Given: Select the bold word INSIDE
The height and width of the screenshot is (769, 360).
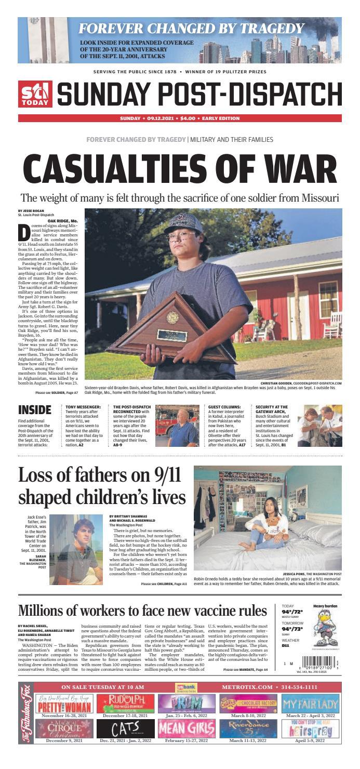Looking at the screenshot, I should click(35, 409).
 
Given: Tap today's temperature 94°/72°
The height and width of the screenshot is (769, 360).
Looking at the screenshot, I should click(291, 613).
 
